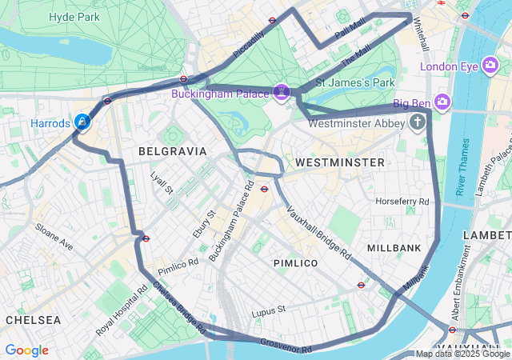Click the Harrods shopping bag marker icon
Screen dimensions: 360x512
pyautogui.click(x=82, y=122)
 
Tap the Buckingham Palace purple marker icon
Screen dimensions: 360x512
pyautogui.click(x=282, y=93)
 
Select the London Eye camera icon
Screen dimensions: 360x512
pyautogui.click(x=491, y=66)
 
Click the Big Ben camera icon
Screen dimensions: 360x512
pyautogui.click(x=442, y=102)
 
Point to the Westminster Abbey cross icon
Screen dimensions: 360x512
pyautogui.click(x=417, y=122)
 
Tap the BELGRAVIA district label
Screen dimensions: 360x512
pyautogui.click(x=172, y=150)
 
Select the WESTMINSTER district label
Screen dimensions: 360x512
pyautogui.click(x=339, y=162)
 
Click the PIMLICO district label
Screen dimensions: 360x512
pyautogui.click(x=295, y=262)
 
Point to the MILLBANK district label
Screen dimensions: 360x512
pyautogui.click(x=394, y=248)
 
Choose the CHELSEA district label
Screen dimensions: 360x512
pyautogui.click(x=33, y=319)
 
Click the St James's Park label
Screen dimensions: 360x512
pyautogui.click(x=356, y=82)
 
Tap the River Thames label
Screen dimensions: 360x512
pyautogui.click(x=462, y=166)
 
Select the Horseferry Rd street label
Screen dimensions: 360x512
pyautogui.click(x=402, y=201)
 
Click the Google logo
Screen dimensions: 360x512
pyautogui.click(x=26, y=350)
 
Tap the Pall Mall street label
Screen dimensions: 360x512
pyautogui.click(x=350, y=30)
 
